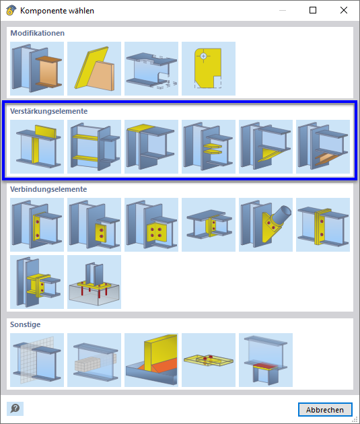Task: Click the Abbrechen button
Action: [x=325, y=410]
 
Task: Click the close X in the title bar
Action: [x=343, y=10]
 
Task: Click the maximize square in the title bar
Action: [x=313, y=10]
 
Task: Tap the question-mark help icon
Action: [x=15, y=409]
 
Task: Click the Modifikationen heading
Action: [x=37, y=33]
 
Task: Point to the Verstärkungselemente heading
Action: [x=49, y=111]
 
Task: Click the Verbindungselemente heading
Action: [x=48, y=189]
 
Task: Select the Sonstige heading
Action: [x=26, y=324]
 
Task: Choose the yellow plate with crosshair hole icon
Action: [x=209, y=69]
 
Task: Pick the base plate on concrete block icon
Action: [x=94, y=282]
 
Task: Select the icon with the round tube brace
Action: [x=266, y=225]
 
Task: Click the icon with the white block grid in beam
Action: [x=94, y=360]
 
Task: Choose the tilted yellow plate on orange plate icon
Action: [x=94, y=69]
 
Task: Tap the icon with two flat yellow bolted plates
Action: [x=209, y=360]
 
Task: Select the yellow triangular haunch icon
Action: [x=266, y=147]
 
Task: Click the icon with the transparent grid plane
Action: [x=37, y=360]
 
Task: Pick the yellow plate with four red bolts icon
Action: [x=151, y=225]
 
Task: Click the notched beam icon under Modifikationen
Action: [x=151, y=69]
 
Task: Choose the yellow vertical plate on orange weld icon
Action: [x=151, y=360]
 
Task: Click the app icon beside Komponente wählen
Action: [x=11, y=10]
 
